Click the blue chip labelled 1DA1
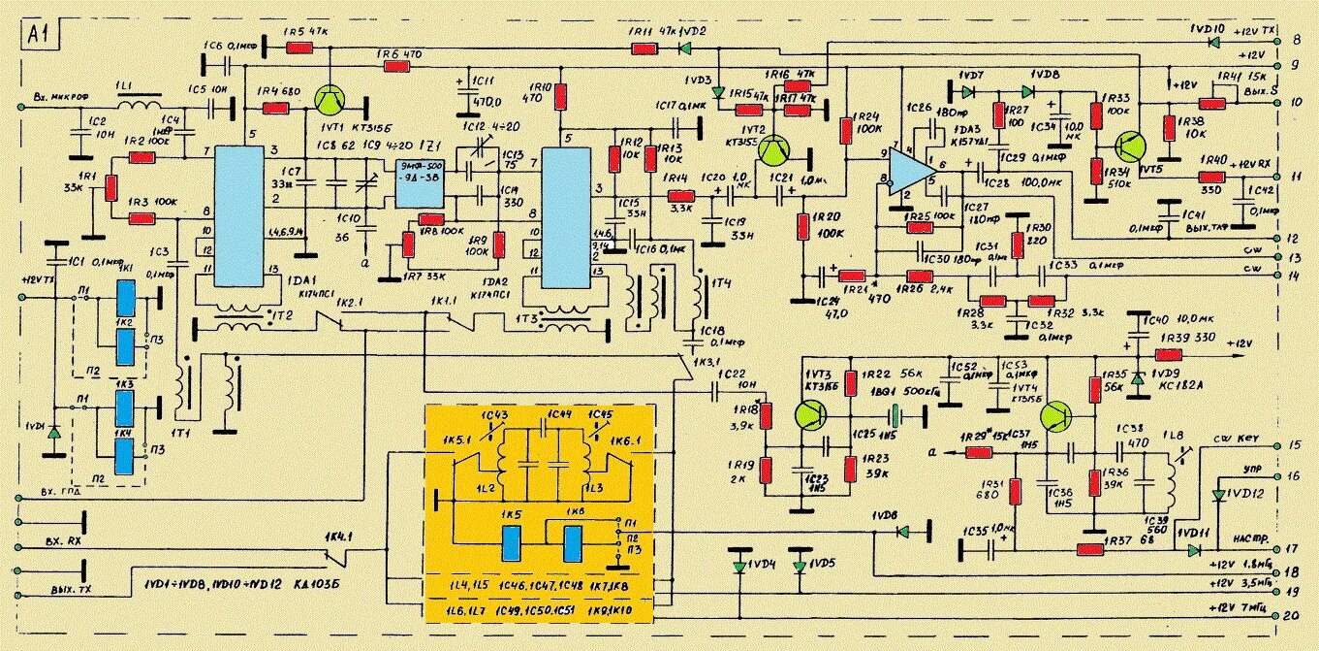pyautogui.click(x=239, y=215)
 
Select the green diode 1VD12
pyautogui.click(x=1218, y=496)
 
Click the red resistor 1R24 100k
pyautogui.click(x=847, y=129)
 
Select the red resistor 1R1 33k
pyautogui.click(x=111, y=186)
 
